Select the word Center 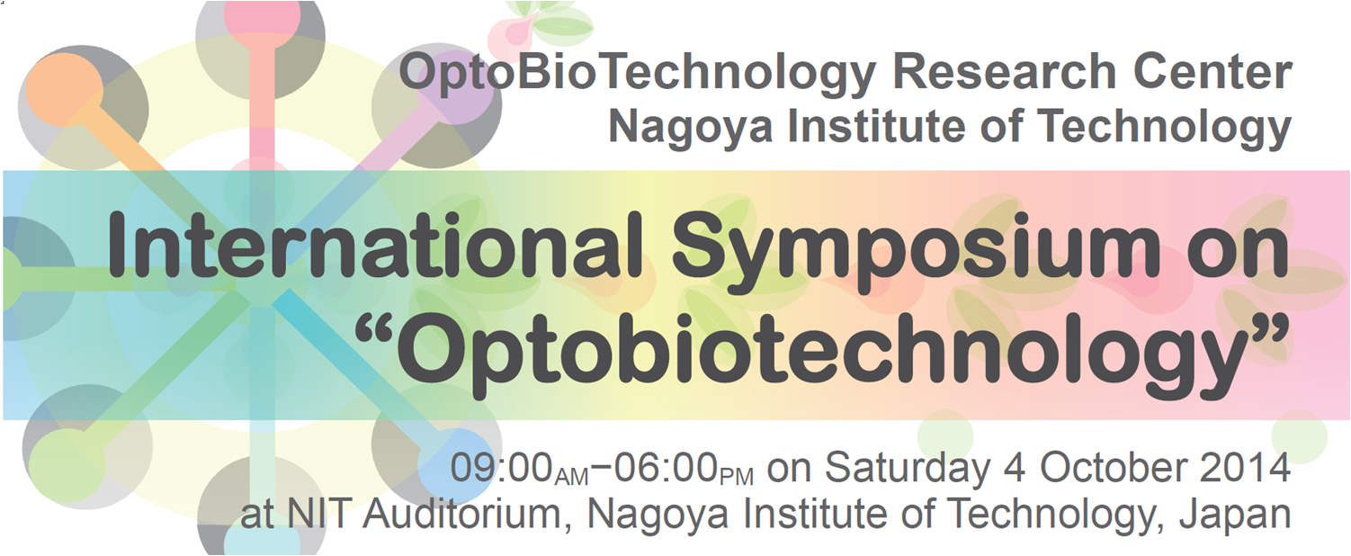pos(1212,71)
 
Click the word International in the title pos(374,248)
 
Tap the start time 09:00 pos(502,467)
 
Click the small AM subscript pos(571,477)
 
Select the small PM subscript pos(737,477)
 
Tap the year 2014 pos(1246,467)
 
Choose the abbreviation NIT pos(316,514)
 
